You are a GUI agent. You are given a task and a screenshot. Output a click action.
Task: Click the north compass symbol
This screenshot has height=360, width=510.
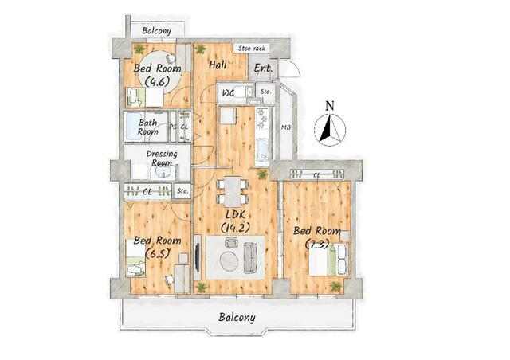pyautogui.click(x=330, y=124)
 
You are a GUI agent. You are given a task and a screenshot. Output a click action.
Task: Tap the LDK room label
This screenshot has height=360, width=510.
pyautogui.click(x=235, y=221)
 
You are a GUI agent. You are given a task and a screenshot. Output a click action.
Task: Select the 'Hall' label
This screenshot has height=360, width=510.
pyautogui.click(x=218, y=65)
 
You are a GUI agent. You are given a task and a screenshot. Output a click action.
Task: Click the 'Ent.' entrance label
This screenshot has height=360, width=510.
pyautogui.click(x=263, y=68)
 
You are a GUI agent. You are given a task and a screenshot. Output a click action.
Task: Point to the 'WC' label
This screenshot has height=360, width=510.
pyautogui.click(x=229, y=92)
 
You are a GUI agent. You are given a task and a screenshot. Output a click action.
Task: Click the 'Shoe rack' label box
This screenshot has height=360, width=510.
pyautogui.click(x=252, y=49)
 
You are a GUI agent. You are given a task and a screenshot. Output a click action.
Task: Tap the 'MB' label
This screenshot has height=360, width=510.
pyautogui.click(x=286, y=127)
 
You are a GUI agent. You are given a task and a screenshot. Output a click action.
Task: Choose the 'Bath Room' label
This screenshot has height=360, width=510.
pyautogui.click(x=148, y=127)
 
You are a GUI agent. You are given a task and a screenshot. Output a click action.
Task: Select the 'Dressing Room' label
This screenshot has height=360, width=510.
pyautogui.click(x=162, y=158)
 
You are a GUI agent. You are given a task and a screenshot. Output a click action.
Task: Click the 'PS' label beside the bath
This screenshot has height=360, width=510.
pyautogui.click(x=173, y=127)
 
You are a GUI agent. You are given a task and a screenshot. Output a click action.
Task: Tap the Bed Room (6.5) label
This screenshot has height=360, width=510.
pyautogui.click(x=158, y=246)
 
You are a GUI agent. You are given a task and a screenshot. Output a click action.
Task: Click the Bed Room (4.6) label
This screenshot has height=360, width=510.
pyautogui.click(x=158, y=75)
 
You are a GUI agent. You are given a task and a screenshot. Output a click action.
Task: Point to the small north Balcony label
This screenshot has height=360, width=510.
pyautogui.click(x=156, y=31)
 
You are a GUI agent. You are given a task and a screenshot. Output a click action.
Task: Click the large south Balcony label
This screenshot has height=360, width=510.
pyautogui.click(x=237, y=318)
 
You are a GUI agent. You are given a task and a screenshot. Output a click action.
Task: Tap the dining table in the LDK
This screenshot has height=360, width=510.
pyautogui.click(x=233, y=191)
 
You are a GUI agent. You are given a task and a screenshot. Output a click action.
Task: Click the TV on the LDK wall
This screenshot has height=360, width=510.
pyautogui.click(x=197, y=257)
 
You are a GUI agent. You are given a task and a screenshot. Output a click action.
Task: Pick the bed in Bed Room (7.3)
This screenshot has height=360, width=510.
pyautogui.click(x=328, y=260)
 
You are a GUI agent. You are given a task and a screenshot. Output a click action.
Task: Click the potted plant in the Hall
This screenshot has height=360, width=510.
pyautogui.click(x=200, y=49)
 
